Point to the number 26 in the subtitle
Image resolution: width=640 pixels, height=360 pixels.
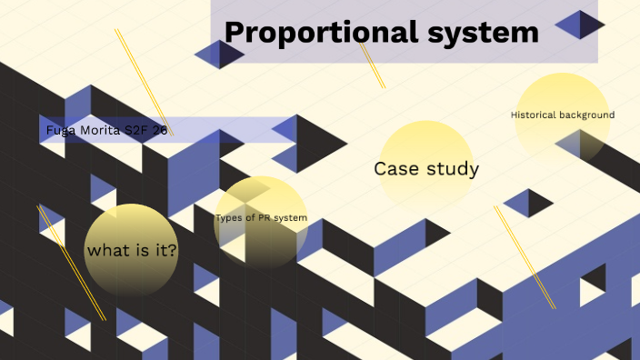coord(160,131)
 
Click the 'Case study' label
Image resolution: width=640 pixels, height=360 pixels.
coord(426,169)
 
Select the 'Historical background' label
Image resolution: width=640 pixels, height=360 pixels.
coord(563,115)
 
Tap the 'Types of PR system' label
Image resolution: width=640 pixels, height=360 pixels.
coord(261,218)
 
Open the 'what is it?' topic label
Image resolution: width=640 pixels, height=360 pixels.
coord(132,250)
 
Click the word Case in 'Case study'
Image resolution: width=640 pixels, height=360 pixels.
coord(395,169)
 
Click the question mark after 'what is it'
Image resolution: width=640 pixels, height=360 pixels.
coord(173,250)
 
